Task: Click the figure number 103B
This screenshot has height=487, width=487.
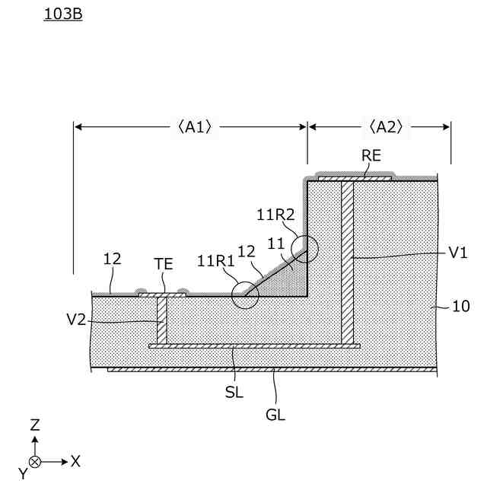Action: point(63,14)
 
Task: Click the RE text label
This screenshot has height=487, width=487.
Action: point(371,157)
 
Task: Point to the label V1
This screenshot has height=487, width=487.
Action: point(457,253)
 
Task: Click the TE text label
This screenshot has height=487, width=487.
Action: point(164,265)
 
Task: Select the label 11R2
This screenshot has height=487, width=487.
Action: point(275,215)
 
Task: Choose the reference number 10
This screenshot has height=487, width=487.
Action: point(461,307)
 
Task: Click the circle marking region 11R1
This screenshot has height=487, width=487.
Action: point(246,294)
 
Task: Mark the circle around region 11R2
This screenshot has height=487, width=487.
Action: point(305,249)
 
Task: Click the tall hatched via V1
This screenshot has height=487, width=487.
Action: point(347,263)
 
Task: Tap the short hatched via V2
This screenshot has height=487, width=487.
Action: point(161,320)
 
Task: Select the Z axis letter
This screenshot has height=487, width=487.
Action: point(34,425)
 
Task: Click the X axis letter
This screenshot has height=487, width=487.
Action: point(75,461)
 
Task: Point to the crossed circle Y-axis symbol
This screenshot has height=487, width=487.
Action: point(35,462)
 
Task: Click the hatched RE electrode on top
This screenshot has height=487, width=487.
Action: point(355,179)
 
